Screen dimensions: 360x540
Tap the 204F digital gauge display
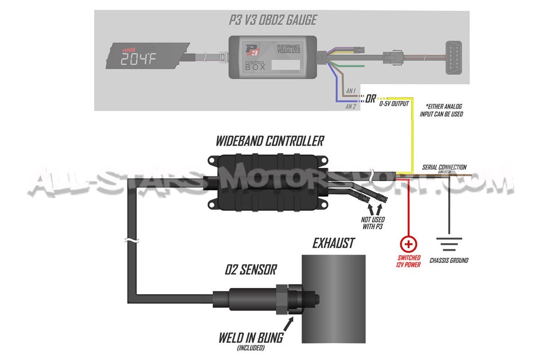tap(138, 59)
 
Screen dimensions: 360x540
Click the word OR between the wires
tap(371, 98)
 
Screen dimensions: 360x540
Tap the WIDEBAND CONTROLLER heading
tap(270, 141)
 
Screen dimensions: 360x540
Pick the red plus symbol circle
tap(409, 244)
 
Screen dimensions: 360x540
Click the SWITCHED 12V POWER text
tap(409, 261)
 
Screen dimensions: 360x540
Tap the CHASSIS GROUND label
tap(449, 261)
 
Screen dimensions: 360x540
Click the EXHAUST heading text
tap(333, 244)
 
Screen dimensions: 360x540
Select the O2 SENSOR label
tap(251, 270)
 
